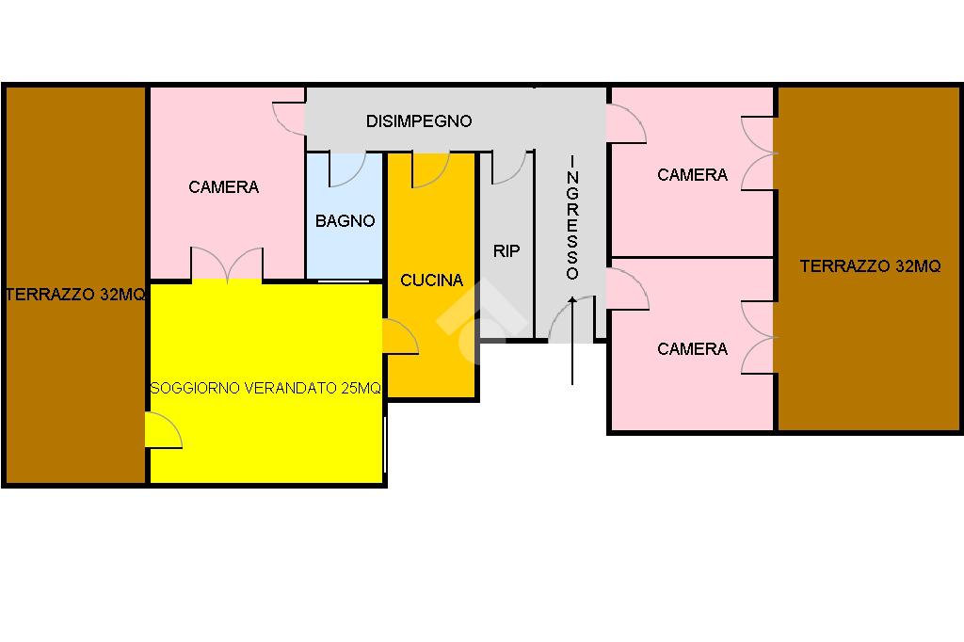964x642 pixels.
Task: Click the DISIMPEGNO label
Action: click(x=419, y=121)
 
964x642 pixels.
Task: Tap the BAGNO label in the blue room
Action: click(x=345, y=221)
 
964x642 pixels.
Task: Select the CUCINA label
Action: click(x=431, y=281)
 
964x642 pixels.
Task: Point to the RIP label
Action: click(x=506, y=251)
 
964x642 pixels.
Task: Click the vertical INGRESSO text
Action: click(x=572, y=217)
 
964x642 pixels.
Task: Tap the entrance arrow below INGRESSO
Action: click(x=572, y=341)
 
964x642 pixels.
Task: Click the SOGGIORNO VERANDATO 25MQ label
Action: click(x=265, y=388)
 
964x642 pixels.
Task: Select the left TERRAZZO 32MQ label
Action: click(x=75, y=295)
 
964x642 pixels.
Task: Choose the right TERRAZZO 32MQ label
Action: click(x=870, y=266)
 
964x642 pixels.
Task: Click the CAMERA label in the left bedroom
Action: click(x=224, y=187)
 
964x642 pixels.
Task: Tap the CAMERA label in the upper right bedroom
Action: click(x=692, y=175)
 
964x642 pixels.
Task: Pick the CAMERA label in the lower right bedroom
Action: click(x=692, y=349)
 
